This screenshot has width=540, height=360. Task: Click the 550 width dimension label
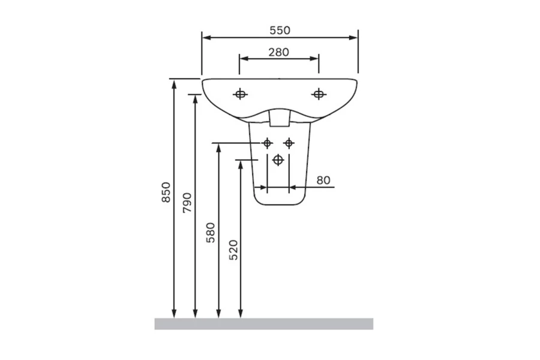280,31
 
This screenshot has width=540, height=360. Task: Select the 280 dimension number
278,52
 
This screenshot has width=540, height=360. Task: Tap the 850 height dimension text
166,192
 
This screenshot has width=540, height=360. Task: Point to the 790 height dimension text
187,203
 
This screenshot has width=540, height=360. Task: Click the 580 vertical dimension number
211,233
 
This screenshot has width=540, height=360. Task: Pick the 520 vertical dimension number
233,250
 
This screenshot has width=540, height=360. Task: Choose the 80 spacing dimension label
323,180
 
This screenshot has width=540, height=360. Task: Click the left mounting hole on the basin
240,94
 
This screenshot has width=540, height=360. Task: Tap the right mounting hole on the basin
319,94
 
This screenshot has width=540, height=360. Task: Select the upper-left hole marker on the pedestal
267,143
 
